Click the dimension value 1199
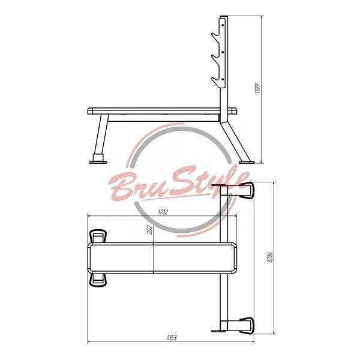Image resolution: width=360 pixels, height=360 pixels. (x=258, y=89)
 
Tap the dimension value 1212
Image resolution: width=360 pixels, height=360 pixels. (x=163, y=212)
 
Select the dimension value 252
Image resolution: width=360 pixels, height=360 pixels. (x=149, y=230)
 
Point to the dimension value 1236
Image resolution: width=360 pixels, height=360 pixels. (x=270, y=257)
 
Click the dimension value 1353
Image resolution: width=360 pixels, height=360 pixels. (x=172, y=337)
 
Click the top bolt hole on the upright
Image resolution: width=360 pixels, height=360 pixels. (x=223, y=25)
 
